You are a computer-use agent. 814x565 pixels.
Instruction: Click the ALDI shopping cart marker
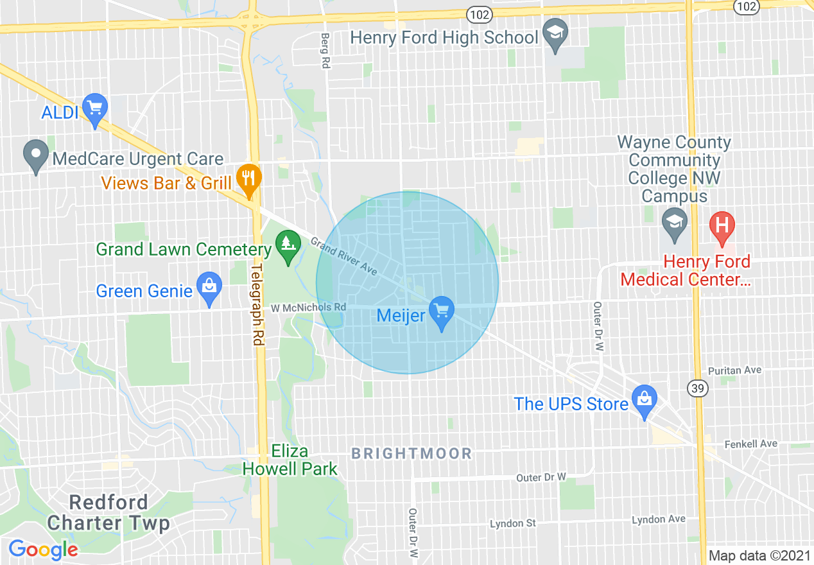click(x=96, y=110)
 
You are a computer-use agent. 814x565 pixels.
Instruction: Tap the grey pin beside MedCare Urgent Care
click(x=36, y=156)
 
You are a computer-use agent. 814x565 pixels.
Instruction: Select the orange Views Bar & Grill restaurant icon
click(x=248, y=180)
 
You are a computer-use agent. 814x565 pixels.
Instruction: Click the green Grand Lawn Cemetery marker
click(x=288, y=247)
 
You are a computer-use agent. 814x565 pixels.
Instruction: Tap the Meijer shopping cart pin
click(x=441, y=313)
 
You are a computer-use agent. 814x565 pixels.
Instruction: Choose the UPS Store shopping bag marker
click(x=644, y=401)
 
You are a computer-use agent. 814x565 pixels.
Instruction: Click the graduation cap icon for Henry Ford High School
click(x=553, y=35)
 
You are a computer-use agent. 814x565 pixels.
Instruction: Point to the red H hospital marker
click(x=722, y=228)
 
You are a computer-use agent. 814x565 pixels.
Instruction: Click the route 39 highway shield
click(x=697, y=388)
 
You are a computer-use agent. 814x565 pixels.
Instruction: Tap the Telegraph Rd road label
click(x=257, y=306)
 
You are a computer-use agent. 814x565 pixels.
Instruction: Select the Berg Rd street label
click(x=325, y=51)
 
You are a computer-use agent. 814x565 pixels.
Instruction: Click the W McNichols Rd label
click(x=308, y=308)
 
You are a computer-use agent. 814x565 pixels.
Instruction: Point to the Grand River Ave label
click(x=343, y=256)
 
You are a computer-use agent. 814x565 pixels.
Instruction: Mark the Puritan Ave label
click(x=734, y=370)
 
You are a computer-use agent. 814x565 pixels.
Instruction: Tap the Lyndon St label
click(x=512, y=523)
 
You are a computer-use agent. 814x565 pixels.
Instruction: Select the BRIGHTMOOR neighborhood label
click(x=411, y=454)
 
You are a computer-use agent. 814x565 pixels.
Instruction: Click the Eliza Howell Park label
click(x=290, y=460)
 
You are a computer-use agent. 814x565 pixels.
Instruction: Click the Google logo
click(x=44, y=550)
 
